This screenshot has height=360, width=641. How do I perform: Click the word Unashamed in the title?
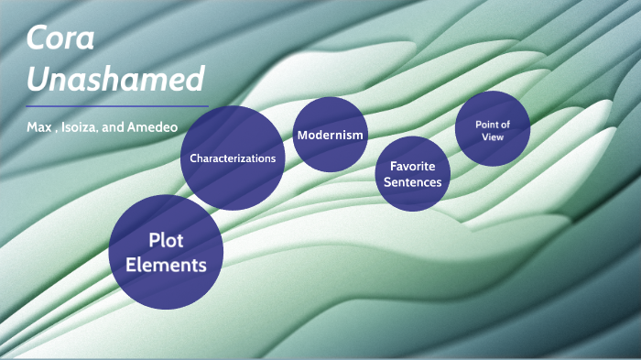[x=114, y=80]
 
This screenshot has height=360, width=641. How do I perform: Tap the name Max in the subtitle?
[x=38, y=124]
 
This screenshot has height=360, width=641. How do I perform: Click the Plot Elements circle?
[x=166, y=252]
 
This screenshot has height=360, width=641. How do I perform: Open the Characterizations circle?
[x=233, y=158]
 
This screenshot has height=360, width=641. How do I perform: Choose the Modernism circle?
[x=330, y=135]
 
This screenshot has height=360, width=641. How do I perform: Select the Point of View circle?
[x=493, y=130]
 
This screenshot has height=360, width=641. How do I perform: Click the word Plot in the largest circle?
[x=167, y=240]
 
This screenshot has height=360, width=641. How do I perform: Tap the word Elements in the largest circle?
[x=166, y=266]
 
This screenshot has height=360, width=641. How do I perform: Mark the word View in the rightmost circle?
[x=493, y=137]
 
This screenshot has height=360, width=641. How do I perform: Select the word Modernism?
[x=330, y=135]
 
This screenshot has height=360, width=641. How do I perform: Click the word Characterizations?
[x=233, y=158]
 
